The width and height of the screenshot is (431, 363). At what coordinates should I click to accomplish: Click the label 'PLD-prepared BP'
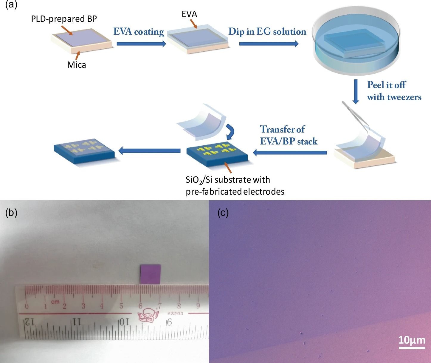pyautogui.click(x=64, y=19)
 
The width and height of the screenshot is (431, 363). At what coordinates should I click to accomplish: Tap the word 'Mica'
pyautogui.click(x=77, y=65)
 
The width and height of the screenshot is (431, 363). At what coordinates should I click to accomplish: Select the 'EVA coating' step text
pyautogui.click(x=139, y=32)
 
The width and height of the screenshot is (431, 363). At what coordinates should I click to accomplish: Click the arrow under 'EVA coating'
pyautogui.click(x=141, y=44)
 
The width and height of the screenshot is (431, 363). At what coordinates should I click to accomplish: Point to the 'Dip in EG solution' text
pyautogui.click(x=267, y=31)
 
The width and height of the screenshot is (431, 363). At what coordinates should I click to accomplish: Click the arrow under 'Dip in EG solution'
pyautogui.click(x=269, y=44)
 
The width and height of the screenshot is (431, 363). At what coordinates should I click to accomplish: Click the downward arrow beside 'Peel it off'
pyautogui.click(x=356, y=91)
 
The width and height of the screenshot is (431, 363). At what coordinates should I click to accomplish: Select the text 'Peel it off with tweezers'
pyautogui.click(x=394, y=91)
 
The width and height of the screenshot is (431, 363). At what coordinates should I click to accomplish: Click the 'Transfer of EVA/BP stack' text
pyautogui.click(x=289, y=135)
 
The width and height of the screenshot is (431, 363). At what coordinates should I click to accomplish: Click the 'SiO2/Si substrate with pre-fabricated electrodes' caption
pyautogui.click(x=235, y=185)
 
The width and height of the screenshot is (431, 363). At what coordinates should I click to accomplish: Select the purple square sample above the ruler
pyautogui.click(x=151, y=274)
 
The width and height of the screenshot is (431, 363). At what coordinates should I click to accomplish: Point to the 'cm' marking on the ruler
pyautogui.click(x=55, y=302)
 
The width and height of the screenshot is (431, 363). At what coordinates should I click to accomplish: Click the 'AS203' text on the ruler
pyautogui.click(x=175, y=313)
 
